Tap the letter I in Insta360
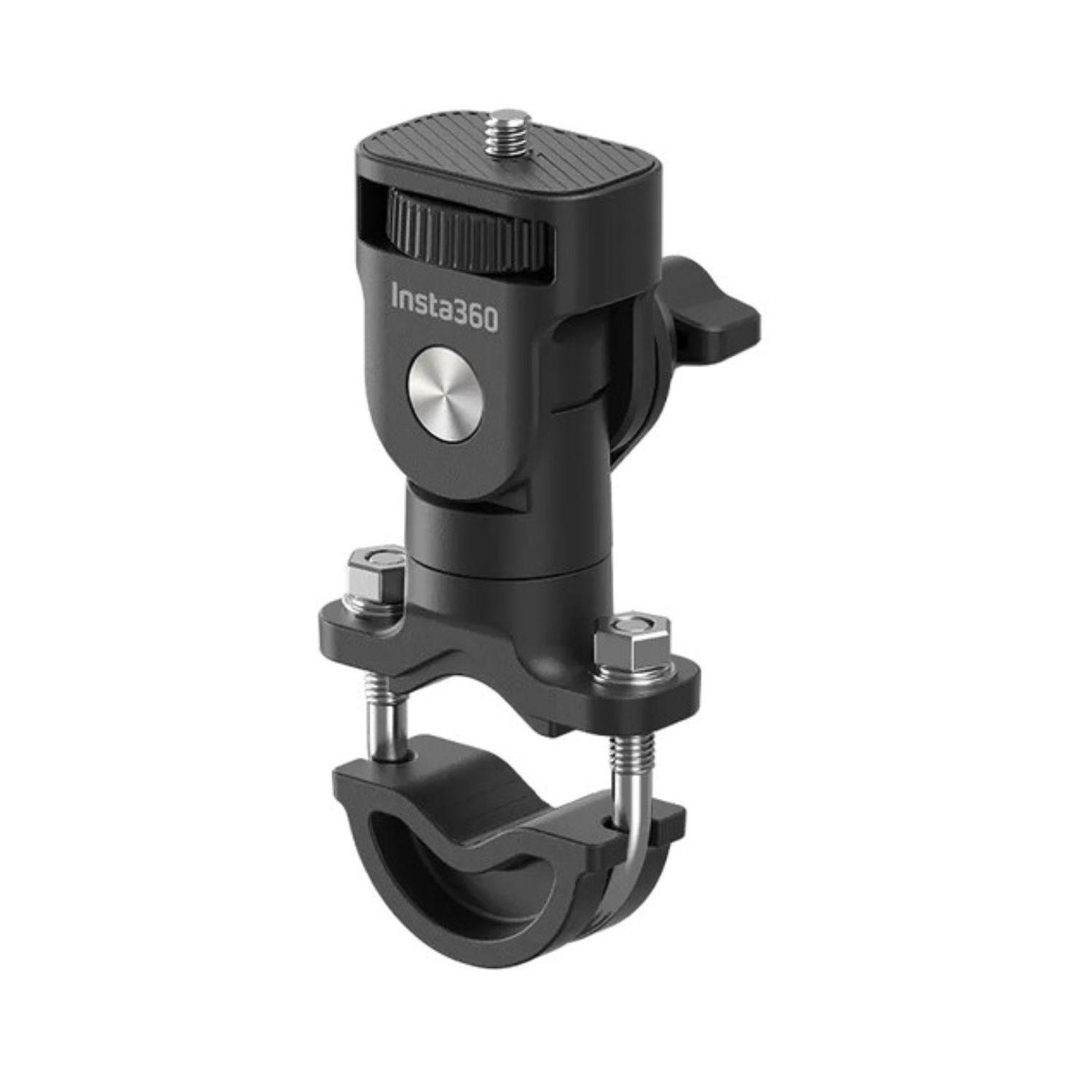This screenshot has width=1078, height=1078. (x=395, y=295)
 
